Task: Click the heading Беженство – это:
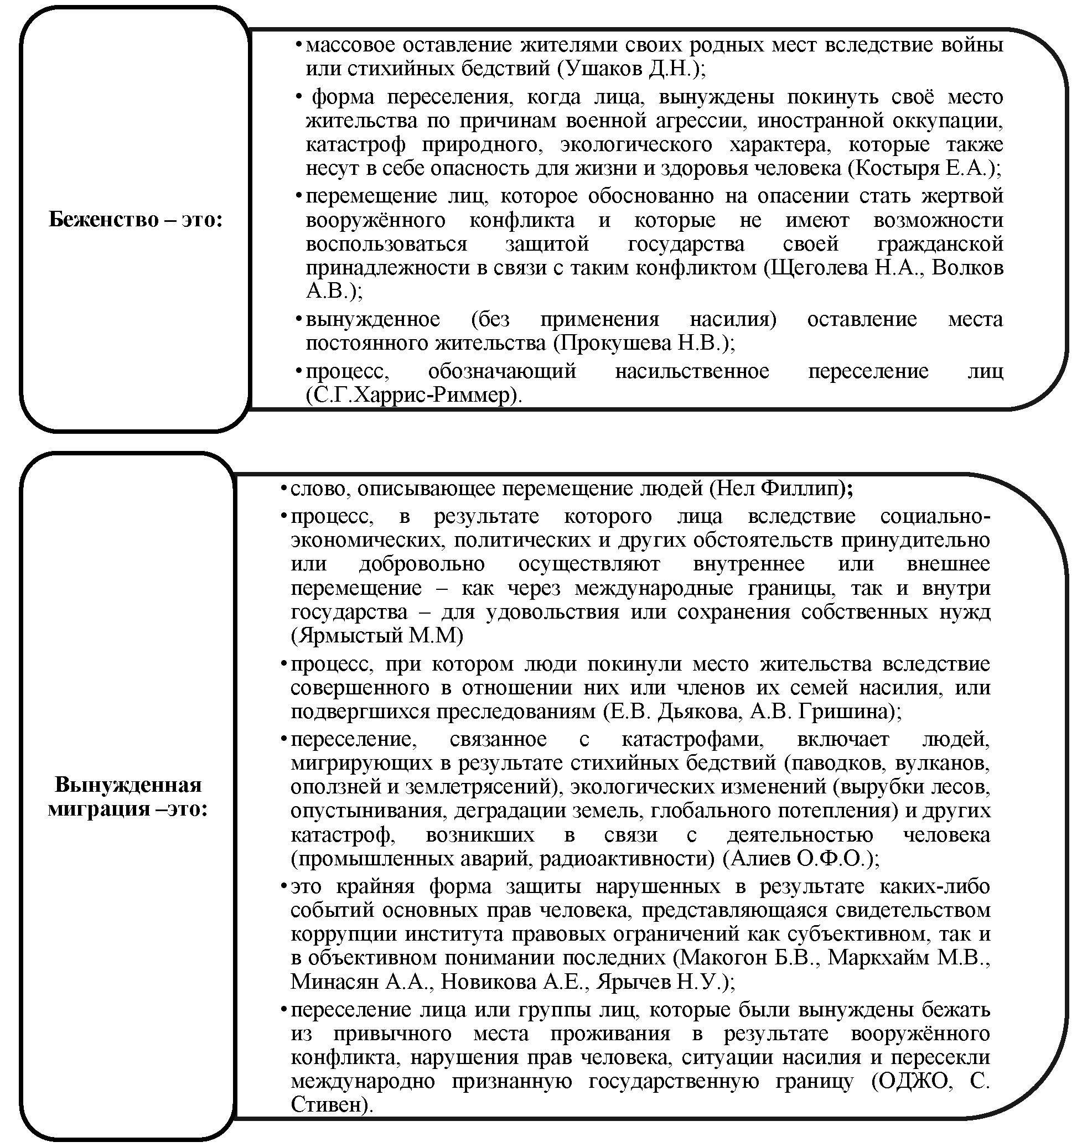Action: [135, 220]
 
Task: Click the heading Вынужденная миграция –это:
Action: [127, 797]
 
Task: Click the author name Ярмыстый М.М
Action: [378, 636]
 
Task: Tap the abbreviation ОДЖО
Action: [914, 1081]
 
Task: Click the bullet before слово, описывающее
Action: [283, 489]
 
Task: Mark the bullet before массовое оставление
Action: [298, 45]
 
